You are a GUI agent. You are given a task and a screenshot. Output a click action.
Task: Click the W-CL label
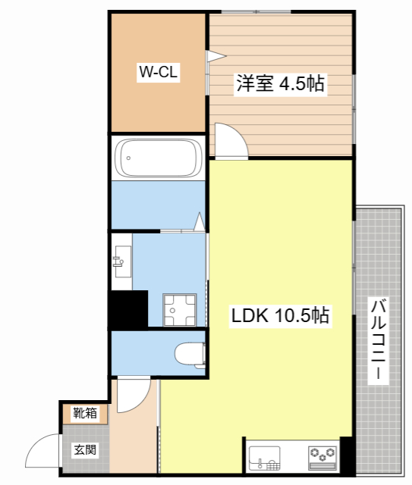tap(157, 72)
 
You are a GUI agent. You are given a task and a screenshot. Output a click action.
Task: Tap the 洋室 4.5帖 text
tap(280, 83)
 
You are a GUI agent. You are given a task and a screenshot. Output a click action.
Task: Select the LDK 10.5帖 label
tap(280, 316)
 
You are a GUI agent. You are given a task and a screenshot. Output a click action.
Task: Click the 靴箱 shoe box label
tap(85, 413)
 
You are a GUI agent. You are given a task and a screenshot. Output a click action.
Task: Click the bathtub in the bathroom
tap(157, 158)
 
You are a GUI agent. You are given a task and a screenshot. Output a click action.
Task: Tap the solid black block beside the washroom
tap(127, 308)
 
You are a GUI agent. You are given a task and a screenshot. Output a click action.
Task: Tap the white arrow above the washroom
tap(200, 221)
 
